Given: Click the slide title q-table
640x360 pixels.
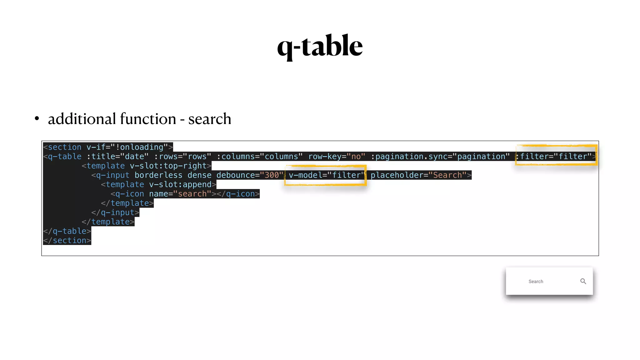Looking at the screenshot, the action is click(x=320, y=46).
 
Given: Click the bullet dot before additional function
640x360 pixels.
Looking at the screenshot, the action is click(x=37, y=119).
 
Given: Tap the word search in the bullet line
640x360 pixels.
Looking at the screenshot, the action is click(x=209, y=119).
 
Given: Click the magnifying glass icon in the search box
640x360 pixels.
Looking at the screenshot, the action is click(x=583, y=281).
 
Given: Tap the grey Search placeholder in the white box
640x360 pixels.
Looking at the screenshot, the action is click(x=536, y=282).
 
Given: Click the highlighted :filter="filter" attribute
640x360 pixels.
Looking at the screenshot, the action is click(x=556, y=156).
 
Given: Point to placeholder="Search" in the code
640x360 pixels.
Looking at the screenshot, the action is click(x=418, y=175).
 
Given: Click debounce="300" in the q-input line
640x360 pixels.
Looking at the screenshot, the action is click(x=250, y=175).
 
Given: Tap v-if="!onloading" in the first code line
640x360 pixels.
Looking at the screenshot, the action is click(x=127, y=147).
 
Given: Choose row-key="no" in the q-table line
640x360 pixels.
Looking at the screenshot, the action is click(x=337, y=156).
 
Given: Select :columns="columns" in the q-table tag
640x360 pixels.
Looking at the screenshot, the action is click(x=259, y=156).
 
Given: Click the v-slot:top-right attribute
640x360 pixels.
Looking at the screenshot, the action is click(x=168, y=166).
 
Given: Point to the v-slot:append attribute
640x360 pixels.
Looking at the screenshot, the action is click(x=180, y=184).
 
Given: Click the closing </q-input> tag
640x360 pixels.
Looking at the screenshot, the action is click(x=115, y=212).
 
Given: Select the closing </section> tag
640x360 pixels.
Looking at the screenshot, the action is click(x=67, y=240).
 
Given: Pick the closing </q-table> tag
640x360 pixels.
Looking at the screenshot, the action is click(x=67, y=231).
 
